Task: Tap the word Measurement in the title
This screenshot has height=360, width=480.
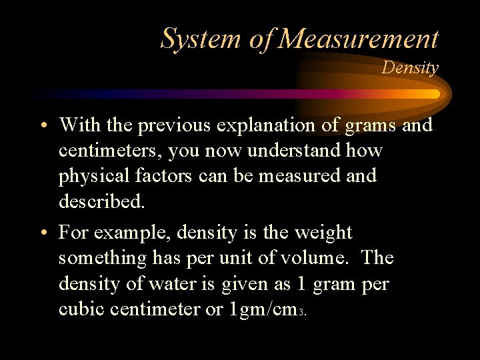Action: click(x=358, y=39)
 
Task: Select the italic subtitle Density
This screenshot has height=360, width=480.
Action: click(x=410, y=68)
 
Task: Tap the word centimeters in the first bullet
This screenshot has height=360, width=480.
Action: click(x=109, y=151)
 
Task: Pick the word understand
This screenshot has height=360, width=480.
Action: click(x=295, y=151)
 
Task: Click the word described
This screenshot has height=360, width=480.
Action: click(x=101, y=201)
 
